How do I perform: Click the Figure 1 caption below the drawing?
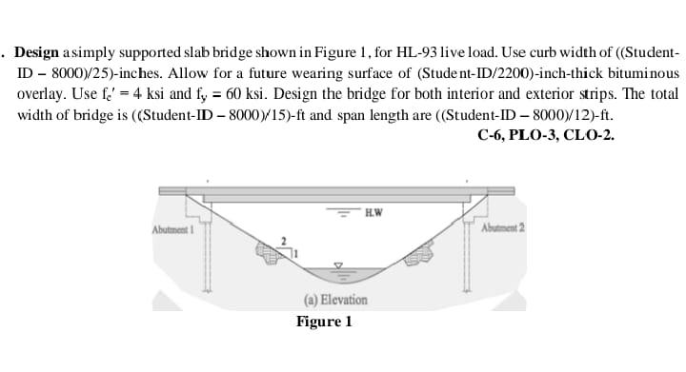click(x=324, y=322)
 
